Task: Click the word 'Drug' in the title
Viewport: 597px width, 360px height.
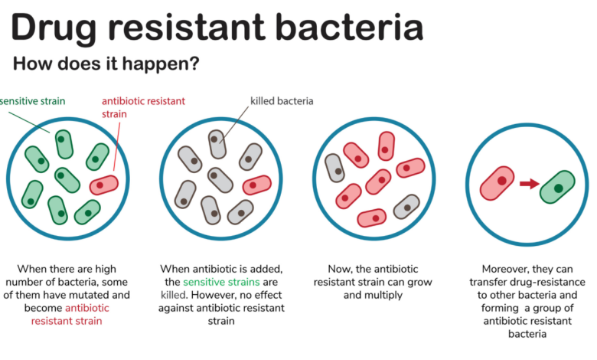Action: click(54, 28)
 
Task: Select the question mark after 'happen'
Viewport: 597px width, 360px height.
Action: click(194, 63)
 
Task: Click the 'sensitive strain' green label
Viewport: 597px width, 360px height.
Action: click(32, 101)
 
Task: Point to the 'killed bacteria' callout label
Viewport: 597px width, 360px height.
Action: click(282, 101)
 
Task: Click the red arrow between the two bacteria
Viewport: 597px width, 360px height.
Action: click(529, 184)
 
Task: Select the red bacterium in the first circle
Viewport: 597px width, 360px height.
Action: click(103, 185)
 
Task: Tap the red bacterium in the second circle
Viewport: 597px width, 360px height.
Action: click(257, 185)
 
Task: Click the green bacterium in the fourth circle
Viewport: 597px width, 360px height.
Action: click(557, 187)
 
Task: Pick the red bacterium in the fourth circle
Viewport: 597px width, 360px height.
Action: click(497, 183)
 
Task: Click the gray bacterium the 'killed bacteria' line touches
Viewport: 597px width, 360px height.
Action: click(217, 144)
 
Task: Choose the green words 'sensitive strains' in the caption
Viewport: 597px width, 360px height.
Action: click(221, 282)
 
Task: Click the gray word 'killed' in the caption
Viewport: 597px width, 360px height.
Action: click(173, 295)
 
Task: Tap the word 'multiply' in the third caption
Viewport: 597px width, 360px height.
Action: click(383, 296)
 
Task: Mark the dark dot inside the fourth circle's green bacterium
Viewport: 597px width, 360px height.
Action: click(559, 188)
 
